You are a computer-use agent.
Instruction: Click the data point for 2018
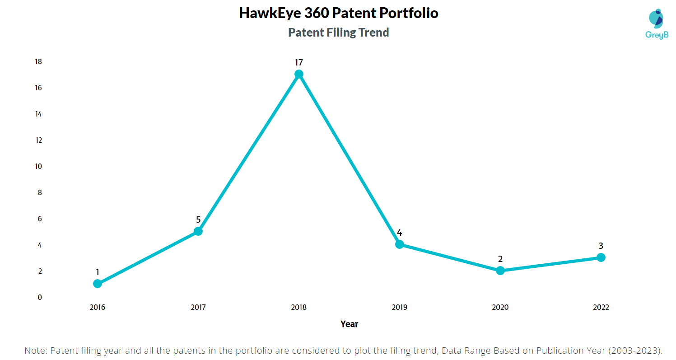(298, 74)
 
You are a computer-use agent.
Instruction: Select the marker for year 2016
(97, 284)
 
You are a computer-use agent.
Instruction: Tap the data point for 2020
(500, 271)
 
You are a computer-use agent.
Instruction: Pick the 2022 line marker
(601, 257)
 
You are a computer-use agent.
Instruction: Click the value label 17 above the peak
(298, 62)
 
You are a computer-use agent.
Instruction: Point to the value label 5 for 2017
(198, 220)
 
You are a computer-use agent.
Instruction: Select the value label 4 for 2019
(399, 233)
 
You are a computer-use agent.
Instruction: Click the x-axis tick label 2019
(399, 308)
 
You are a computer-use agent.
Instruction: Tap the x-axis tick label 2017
(198, 308)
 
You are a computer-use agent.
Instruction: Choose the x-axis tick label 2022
(601, 308)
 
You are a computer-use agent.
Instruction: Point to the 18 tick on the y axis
(38, 61)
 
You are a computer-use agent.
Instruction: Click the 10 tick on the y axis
(38, 166)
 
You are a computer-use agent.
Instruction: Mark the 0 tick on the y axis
(40, 297)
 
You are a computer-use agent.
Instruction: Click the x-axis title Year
(349, 324)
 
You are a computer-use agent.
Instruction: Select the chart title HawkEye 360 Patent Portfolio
(338, 13)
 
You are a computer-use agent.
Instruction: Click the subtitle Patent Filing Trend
(338, 33)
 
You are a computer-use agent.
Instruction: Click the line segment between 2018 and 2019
(349, 159)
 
